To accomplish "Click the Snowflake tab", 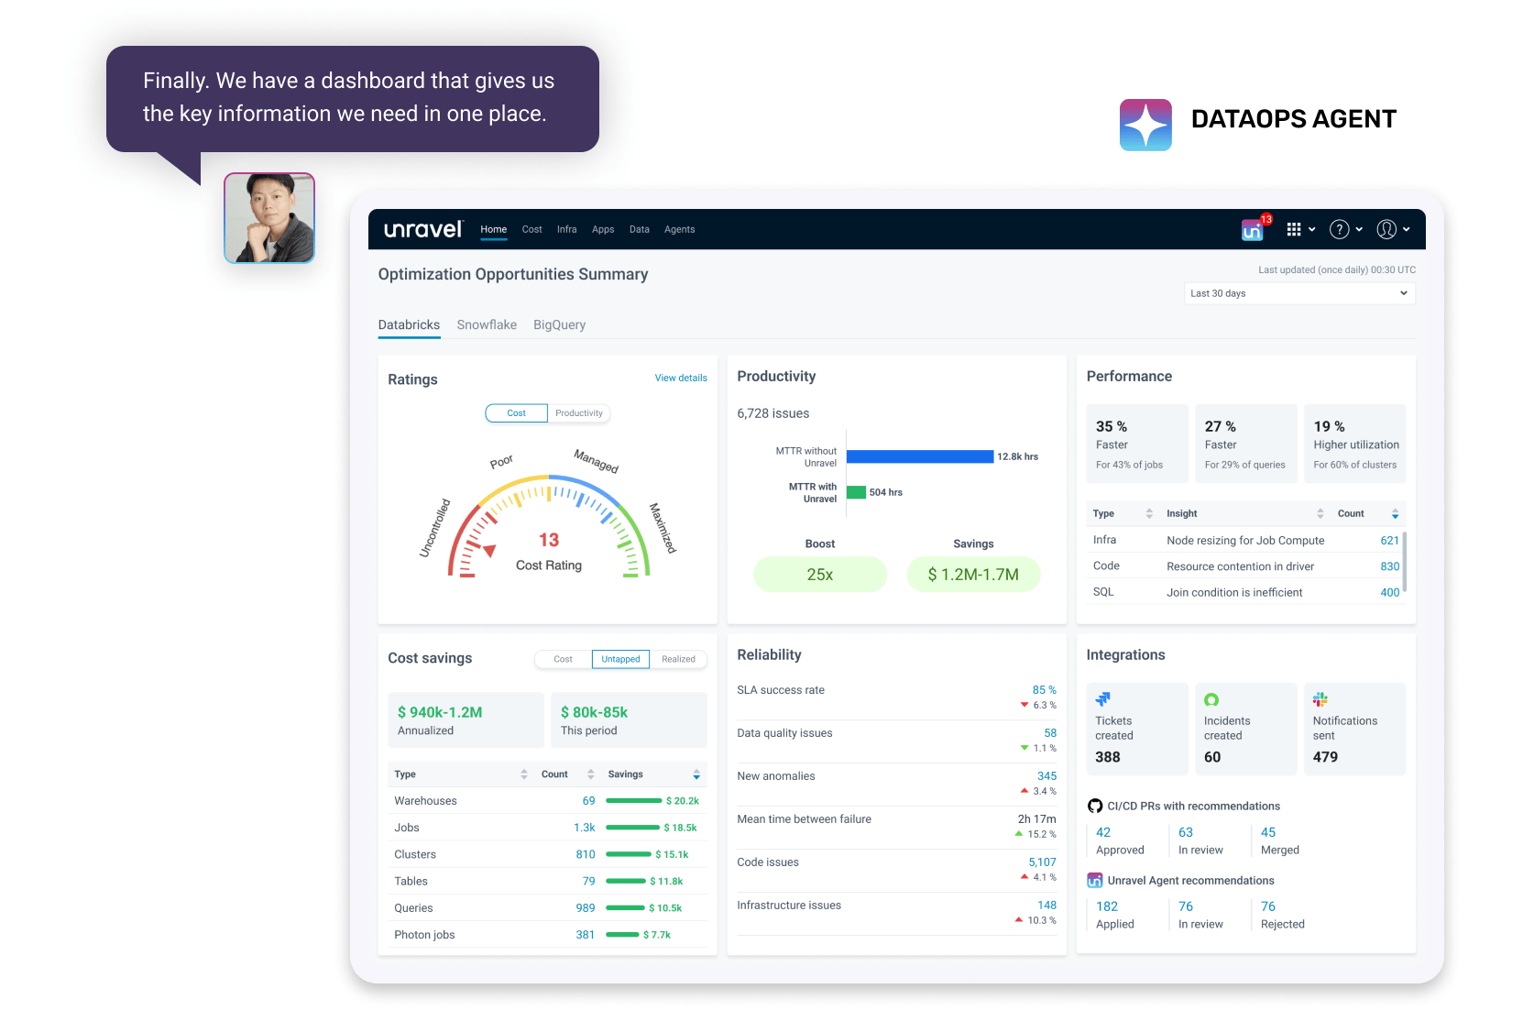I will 487,324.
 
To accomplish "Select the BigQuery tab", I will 559,324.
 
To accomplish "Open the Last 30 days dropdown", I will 1298,293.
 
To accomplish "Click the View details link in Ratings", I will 681,378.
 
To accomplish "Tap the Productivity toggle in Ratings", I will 579,413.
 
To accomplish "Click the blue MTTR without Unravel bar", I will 920,456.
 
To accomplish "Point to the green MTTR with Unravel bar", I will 856,492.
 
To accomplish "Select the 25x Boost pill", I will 820,575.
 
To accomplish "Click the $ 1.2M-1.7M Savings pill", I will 973,575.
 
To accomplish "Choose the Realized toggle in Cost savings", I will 678,659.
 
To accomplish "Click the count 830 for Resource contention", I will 1389,566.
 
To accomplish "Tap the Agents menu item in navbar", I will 679,229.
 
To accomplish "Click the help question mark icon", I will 1340,229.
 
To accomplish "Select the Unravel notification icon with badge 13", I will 1253,230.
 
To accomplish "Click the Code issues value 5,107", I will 1042,862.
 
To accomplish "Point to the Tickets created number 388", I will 1108,757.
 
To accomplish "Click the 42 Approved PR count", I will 1103,832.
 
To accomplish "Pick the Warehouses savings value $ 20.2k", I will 683,801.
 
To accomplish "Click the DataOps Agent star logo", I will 1145,125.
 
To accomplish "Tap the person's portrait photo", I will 269,218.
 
